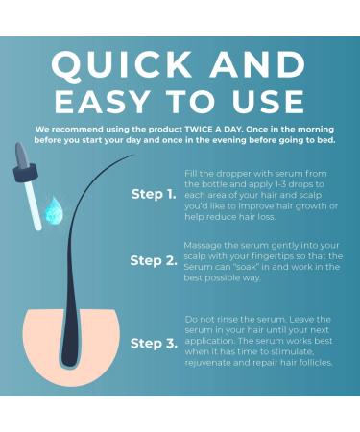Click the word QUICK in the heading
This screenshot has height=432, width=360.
click(x=121, y=65)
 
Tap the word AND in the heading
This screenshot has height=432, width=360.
click(x=257, y=64)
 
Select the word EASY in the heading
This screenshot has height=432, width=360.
click(x=103, y=102)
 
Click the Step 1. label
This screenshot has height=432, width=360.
click(x=154, y=194)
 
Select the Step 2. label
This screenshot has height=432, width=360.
click(x=154, y=260)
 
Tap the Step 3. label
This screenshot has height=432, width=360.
click(x=154, y=344)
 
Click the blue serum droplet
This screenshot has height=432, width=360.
click(x=54, y=210)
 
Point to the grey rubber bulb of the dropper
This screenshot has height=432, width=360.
click(x=22, y=155)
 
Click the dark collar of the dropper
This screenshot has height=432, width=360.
click(x=26, y=173)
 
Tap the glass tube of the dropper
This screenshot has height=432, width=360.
click(x=33, y=204)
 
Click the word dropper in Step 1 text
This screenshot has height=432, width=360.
click(x=234, y=174)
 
